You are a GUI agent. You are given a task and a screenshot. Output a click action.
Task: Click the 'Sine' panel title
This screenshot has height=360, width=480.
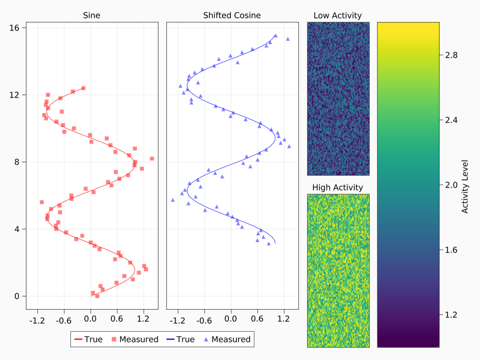(92, 16)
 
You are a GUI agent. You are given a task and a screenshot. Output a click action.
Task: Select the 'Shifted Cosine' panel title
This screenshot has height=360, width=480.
(232, 16)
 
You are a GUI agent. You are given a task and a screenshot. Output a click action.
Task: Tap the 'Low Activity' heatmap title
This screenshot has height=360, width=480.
(338, 16)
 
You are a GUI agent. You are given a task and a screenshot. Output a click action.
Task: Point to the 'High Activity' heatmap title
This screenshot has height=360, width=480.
(338, 187)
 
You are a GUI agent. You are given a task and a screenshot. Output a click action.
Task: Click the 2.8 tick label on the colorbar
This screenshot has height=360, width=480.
(452, 55)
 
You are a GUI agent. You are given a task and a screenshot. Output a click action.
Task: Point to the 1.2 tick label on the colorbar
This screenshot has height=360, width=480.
(452, 315)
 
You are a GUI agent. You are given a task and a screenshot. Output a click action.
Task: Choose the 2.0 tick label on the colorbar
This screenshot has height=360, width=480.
(452, 185)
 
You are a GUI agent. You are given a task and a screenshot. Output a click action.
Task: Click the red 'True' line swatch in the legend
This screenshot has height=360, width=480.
(78, 340)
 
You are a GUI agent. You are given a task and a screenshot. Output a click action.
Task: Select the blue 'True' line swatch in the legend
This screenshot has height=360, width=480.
(170, 340)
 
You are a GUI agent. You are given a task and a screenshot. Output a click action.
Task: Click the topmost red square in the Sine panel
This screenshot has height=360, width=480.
(83, 88)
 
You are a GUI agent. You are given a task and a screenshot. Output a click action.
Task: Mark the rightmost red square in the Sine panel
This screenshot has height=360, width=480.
(152, 159)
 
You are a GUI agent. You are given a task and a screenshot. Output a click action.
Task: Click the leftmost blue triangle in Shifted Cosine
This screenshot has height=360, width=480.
(173, 200)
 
